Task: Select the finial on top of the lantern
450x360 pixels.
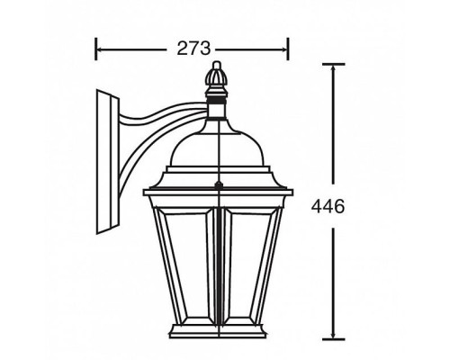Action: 216,78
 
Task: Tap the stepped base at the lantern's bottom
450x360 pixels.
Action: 217,333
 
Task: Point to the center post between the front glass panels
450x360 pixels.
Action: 217,261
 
